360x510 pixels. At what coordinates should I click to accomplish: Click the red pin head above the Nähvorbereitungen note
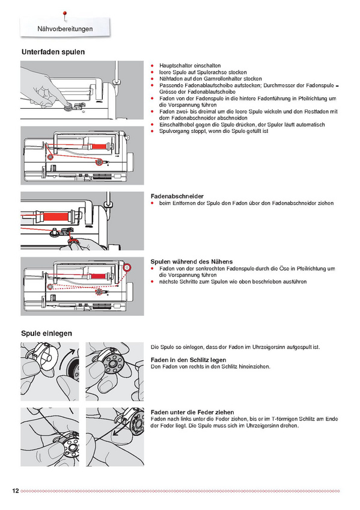click(x=65, y=14)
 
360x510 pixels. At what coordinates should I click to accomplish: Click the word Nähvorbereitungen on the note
click(x=65, y=29)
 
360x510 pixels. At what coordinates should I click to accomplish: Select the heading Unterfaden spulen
click(x=53, y=52)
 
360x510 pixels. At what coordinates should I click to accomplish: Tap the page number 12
click(x=16, y=491)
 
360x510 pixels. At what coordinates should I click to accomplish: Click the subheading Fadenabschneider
click(x=177, y=196)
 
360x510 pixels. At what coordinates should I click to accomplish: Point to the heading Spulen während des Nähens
click(x=192, y=262)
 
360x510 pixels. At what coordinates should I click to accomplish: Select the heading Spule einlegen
click(x=46, y=333)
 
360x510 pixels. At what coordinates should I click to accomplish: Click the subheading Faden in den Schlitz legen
click(x=189, y=360)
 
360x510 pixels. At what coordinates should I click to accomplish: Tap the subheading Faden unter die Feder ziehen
click(x=192, y=412)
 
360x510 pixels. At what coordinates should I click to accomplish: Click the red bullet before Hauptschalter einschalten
click(x=152, y=66)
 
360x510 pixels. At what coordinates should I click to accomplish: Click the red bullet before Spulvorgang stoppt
click(x=152, y=131)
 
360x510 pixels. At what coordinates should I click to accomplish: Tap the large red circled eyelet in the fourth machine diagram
click(x=127, y=268)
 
